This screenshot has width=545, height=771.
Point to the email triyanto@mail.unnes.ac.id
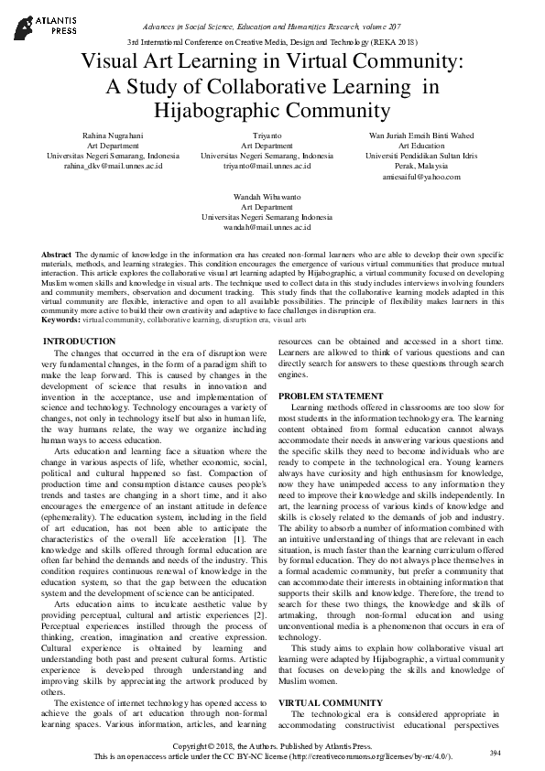(x=267, y=168)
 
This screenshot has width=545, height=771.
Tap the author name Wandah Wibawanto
(x=267, y=196)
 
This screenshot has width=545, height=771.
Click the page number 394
(x=496, y=752)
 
